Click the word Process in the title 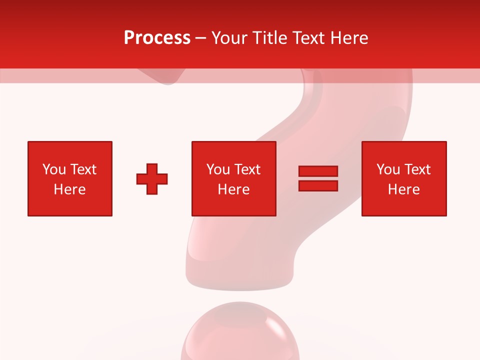coord(157,38)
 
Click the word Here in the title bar coord(349,38)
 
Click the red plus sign coord(152,178)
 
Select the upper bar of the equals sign coord(318,171)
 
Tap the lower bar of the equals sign coord(318,185)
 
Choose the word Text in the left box coord(83,169)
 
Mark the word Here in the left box coord(69,189)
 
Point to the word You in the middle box coord(218,169)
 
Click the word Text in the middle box coord(247,169)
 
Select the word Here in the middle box coord(233,189)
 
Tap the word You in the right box coord(388,169)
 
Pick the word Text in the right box coord(417,169)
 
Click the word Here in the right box coord(403,189)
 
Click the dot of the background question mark coord(240,335)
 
